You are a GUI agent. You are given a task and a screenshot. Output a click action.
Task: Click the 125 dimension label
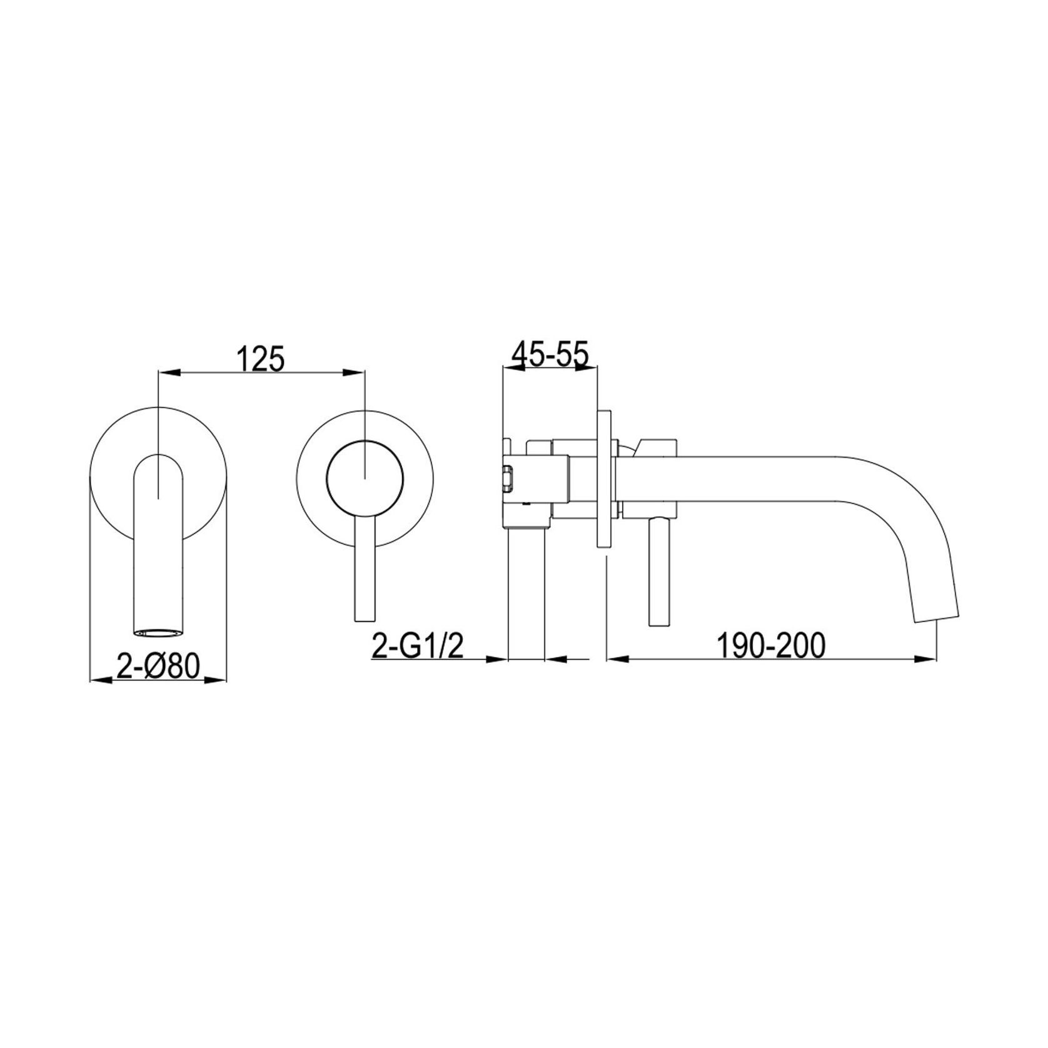(261, 360)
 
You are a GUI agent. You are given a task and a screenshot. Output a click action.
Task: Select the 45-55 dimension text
(550, 355)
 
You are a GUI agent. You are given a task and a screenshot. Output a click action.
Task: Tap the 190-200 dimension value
(770, 646)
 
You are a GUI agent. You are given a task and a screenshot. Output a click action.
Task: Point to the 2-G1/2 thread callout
(416, 647)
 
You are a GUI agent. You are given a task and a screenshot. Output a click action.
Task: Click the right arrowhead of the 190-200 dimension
(929, 658)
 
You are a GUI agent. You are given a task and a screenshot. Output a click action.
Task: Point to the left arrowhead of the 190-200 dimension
(613, 658)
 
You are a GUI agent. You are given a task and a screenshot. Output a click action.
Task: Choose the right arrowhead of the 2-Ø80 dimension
(219, 679)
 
